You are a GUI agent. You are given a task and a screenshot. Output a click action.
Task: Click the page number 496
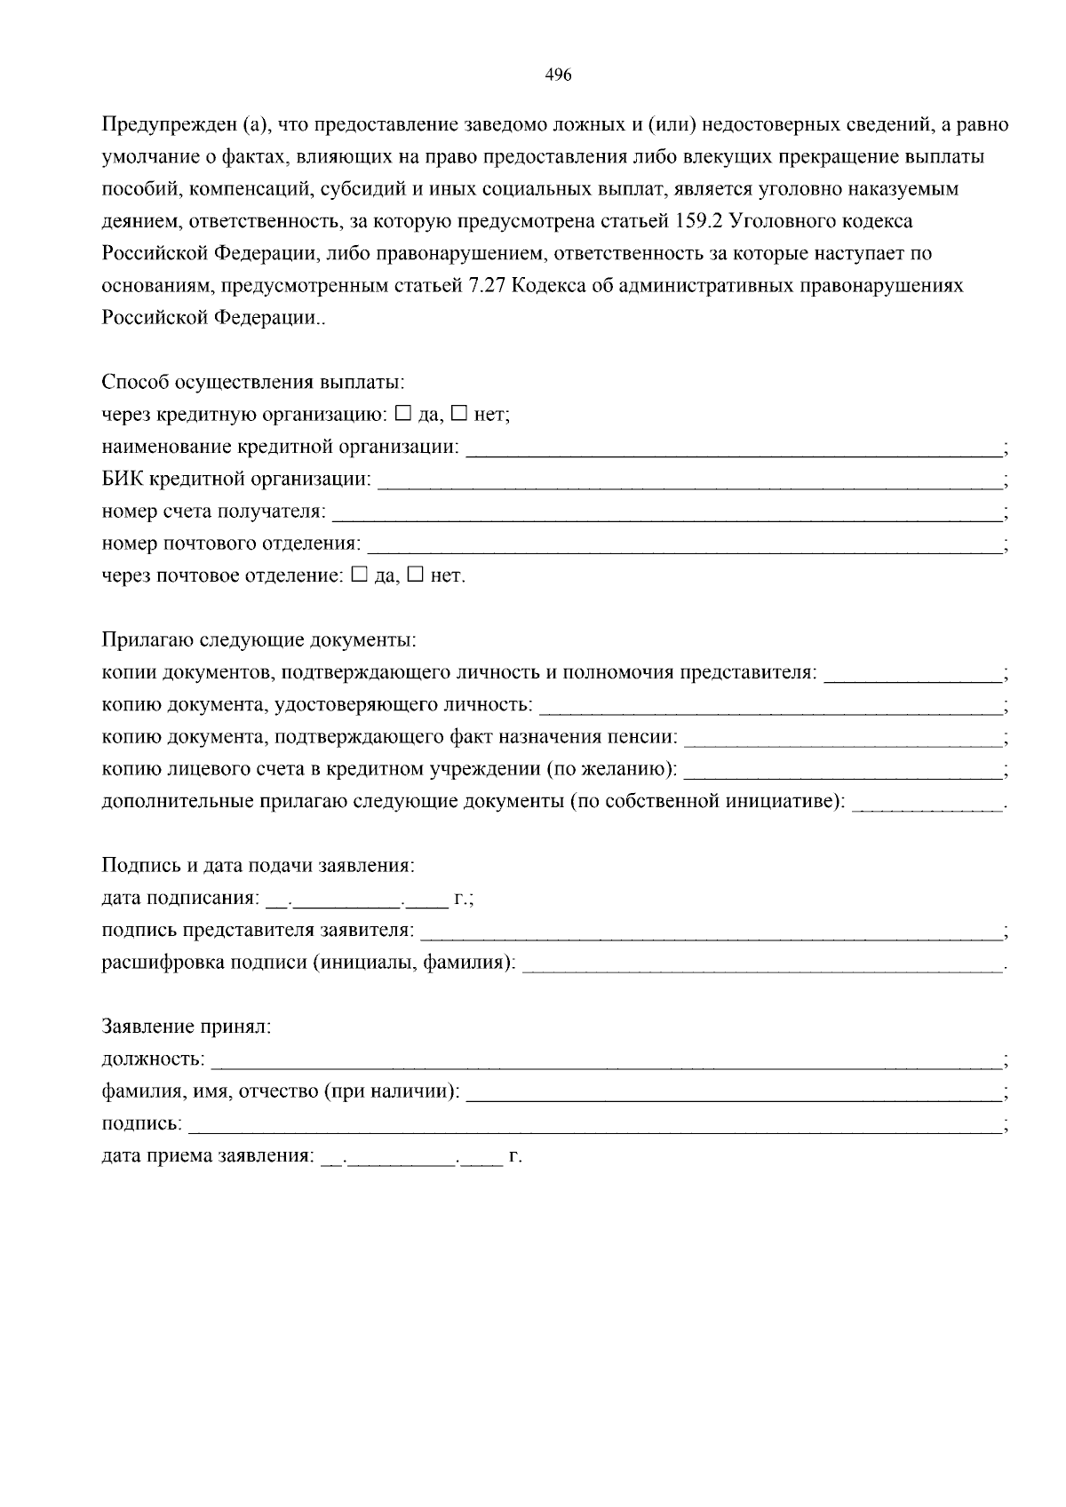click(557, 75)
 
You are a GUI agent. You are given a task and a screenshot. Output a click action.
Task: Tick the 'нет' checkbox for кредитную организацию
click(459, 413)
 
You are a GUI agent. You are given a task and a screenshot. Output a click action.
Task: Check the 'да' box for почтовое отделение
click(359, 575)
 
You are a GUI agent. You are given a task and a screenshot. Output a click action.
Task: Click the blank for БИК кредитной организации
click(689, 483)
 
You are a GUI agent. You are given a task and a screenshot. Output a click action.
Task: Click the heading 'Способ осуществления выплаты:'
click(253, 383)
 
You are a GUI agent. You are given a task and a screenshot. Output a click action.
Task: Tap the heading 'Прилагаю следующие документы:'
click(259, 639)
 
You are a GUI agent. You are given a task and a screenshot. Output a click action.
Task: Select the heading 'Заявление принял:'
click(186, 1027)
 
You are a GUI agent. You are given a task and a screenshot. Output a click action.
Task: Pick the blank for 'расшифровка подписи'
click(762, 965)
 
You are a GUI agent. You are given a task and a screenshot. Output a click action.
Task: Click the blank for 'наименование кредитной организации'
click(734, 450)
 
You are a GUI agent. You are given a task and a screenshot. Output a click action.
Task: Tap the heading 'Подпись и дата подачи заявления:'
click(259, 865)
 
